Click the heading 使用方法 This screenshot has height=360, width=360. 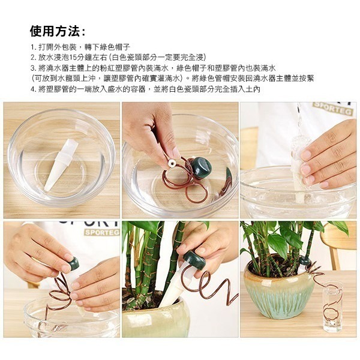(x=57, y=31)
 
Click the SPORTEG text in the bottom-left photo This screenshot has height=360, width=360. (x=98, y=232)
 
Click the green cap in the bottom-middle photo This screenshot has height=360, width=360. (x=194, y=259)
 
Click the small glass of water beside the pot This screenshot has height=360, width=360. (x=331, y=309)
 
